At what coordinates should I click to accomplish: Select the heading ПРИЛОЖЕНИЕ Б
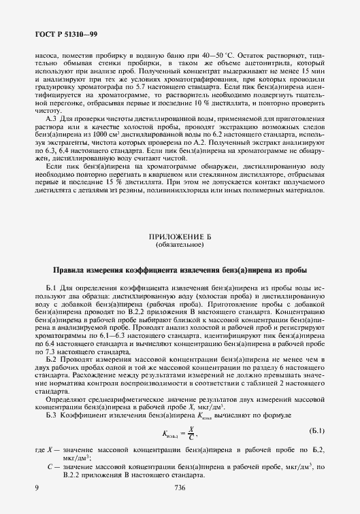pos(180,237)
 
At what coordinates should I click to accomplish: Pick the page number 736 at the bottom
pos(180,488)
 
